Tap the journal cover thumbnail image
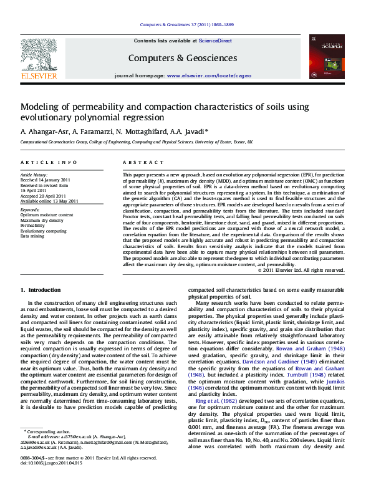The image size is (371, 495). [327, 57]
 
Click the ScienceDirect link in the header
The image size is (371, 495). [215, 41]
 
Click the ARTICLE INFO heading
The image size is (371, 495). [45, 161]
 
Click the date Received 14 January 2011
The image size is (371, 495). [46, 180]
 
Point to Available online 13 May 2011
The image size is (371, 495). [49, 201]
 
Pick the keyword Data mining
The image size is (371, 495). [32, 236]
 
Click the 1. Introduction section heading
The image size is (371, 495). [41, 290]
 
